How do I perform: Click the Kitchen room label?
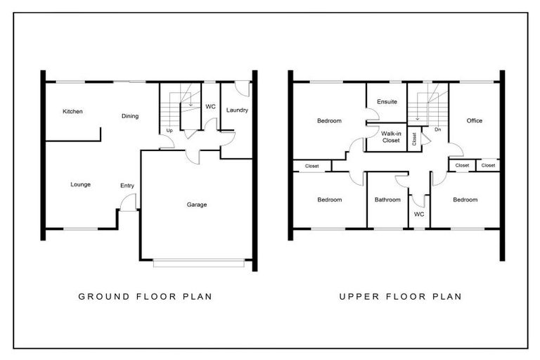coord(73,111)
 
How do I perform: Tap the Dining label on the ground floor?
coord(129,116)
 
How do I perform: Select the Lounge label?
coord(80,185)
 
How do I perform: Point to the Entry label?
coord(127,186)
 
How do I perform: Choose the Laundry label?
coord(237,110)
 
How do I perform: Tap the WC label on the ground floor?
coord(210,107)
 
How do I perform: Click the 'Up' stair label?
coord(169,131)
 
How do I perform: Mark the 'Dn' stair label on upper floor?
coord(437,130)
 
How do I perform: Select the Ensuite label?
coord(387,102)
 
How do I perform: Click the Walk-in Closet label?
coord(390,136)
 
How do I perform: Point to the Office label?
coord(475,121)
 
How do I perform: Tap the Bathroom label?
coord(387,200)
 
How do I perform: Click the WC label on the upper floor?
coord(419,214)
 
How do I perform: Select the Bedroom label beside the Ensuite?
coord(328,121)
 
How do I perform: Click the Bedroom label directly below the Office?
coord(465,200)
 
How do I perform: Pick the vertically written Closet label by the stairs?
coord(414,139)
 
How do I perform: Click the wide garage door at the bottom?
coord(199,263)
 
